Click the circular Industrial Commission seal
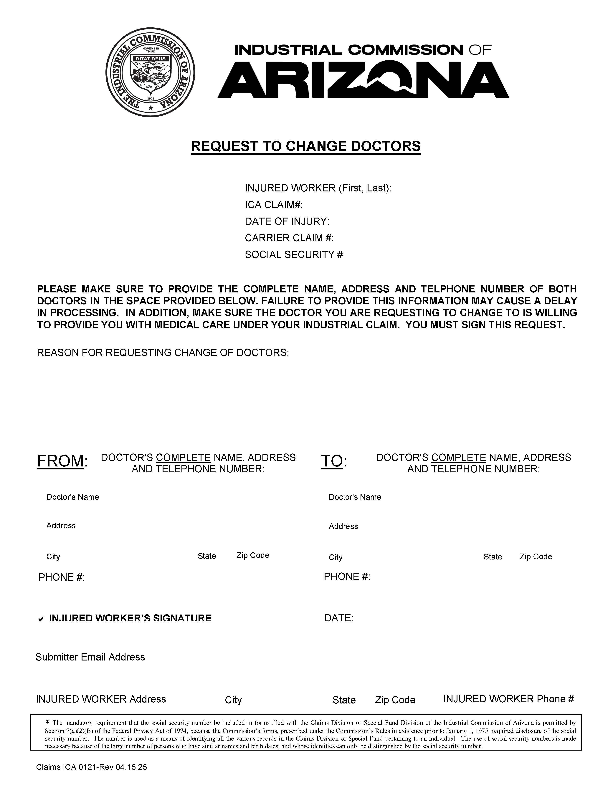150,72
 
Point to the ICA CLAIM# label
274,205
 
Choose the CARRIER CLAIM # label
289,238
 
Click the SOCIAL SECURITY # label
294,254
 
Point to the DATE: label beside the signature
338,618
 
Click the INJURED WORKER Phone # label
508,699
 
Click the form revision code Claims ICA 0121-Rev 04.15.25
92,767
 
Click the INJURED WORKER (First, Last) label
318,188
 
